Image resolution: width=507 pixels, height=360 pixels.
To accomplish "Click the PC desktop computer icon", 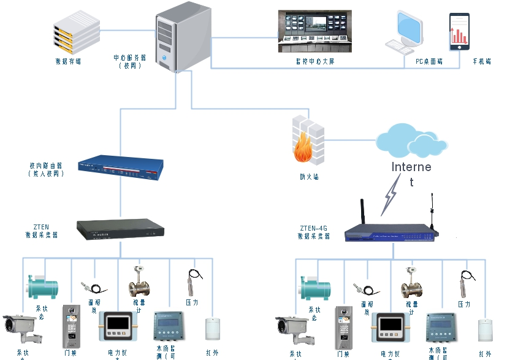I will (x=405, y=32).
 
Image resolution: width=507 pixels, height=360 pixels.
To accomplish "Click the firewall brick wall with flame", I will (x=307, y=142).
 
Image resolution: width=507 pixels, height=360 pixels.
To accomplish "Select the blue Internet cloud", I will (x=413, y=142).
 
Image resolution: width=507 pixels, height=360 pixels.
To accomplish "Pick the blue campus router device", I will (x=121, y=167).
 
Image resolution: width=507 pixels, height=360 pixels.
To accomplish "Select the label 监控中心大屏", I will (x=314, y=61).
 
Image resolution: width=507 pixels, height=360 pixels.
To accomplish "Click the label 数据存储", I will (x=67, y=61).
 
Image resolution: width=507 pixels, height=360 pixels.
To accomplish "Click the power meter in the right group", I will (x=391, y=328).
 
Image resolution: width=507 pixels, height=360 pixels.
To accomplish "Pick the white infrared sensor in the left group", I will (x=212, y=329).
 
